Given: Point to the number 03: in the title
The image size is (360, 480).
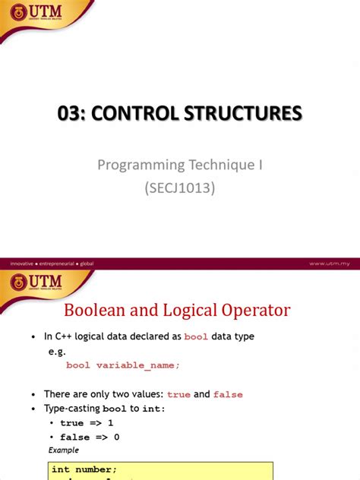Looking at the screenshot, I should point(76,114).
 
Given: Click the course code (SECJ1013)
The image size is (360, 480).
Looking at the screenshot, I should point(180,188).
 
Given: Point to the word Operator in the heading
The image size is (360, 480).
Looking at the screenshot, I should point(251,310).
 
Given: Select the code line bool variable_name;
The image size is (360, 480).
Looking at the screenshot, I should point(123,365).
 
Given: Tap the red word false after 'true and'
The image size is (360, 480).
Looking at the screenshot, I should point(228,394).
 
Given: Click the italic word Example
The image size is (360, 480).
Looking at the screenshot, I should point(64,450).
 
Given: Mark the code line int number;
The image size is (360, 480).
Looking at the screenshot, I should point(84,469).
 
